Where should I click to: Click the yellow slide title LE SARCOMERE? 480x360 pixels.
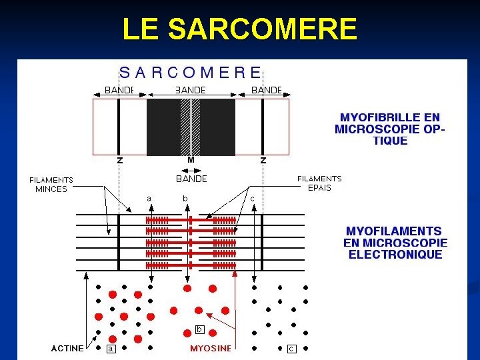[x=240, y=29]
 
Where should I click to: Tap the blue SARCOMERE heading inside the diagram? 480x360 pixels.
[x=190, y=71]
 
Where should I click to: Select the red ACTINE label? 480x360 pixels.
[x=68, y=348]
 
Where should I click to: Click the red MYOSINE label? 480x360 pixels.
[x=211, y=348]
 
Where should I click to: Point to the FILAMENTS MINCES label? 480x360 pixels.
[x=51, y=184]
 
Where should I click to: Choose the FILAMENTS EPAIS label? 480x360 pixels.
[x=319, y=183]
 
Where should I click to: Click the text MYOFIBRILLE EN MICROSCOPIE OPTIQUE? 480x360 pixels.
[x=390, y=129]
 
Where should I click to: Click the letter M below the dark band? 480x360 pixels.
[x=191, y=160]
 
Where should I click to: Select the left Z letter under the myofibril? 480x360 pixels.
[x=119, y=160]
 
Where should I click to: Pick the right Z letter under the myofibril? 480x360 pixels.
[x=263, y=160]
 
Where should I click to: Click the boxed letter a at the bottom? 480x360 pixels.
[x=111, y=348]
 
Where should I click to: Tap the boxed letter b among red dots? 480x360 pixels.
[x=199, y=329]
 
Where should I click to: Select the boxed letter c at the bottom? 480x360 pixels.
[x=291, y=348]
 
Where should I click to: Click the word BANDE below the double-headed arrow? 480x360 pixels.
[x=191, y=179]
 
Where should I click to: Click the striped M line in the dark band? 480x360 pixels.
[x=191, y=127]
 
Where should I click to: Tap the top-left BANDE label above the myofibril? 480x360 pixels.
[x=119, y=90]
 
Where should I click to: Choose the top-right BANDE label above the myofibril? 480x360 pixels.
[x=267, y=90]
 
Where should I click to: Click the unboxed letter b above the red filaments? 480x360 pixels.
[x=185, y=198]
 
